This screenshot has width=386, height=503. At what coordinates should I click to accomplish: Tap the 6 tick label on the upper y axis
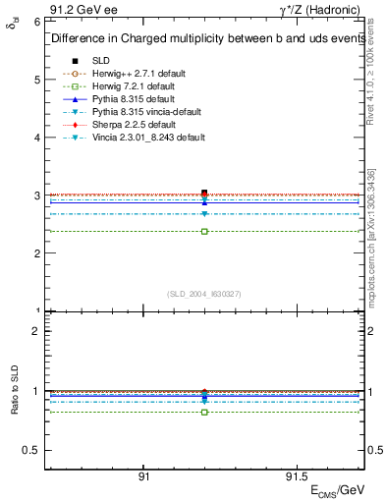[36, 21]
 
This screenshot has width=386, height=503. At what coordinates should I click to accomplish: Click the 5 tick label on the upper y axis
[36, 79]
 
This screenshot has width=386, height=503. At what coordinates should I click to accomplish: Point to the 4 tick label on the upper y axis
[36, 137]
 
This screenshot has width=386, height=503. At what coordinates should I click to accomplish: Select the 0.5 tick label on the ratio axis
[31, 450]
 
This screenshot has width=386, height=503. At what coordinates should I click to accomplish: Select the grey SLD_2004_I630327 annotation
[204, 294]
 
